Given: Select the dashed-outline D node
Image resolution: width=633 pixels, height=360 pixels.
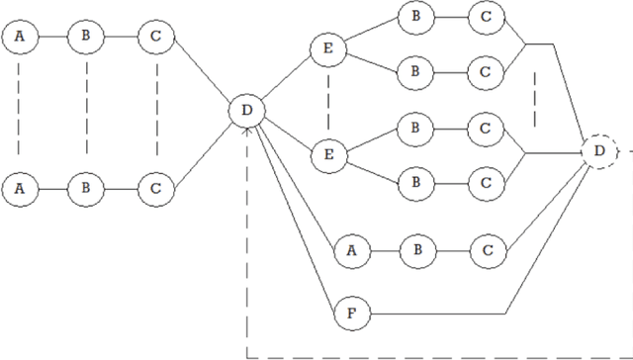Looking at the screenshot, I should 599,151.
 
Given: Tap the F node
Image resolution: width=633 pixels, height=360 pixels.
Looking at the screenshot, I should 349,314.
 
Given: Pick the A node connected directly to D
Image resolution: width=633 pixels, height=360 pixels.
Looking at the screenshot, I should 349,250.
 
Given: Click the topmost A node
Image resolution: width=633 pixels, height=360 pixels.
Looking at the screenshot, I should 18,38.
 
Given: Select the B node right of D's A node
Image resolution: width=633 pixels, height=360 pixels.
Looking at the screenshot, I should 416,250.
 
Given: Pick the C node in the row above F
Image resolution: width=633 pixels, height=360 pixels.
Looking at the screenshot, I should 485,250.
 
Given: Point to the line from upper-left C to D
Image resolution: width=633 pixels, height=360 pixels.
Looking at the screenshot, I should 200,74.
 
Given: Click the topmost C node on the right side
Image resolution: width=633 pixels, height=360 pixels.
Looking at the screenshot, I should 485,16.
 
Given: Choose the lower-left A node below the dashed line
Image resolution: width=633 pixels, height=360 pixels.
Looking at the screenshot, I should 18,186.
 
